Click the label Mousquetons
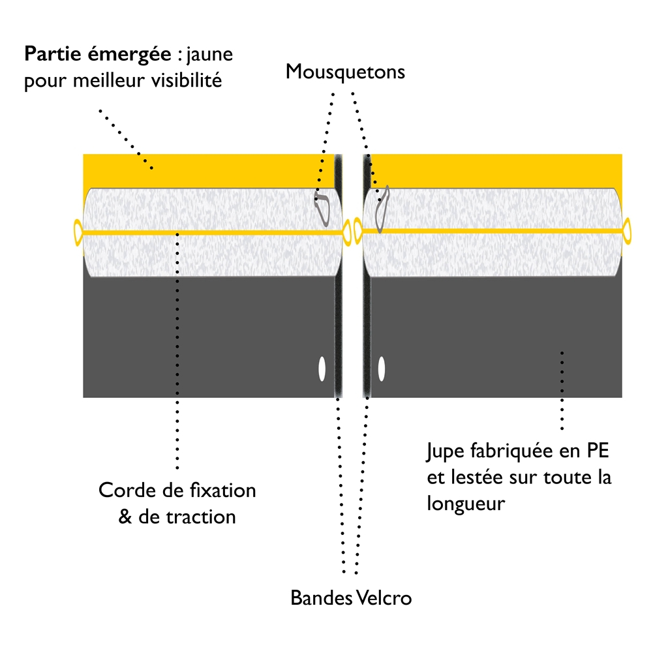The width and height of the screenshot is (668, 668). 345,71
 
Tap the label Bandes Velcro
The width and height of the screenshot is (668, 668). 351,598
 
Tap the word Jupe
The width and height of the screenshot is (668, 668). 444,450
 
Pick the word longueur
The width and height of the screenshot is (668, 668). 466,504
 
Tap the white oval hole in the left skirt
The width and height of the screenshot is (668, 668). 322,369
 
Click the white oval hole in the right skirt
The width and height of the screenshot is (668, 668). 382,369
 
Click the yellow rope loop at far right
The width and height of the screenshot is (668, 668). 628,232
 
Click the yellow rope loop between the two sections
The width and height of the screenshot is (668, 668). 353,232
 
